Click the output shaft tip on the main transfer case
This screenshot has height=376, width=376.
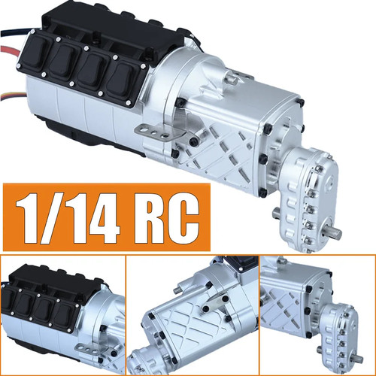335,233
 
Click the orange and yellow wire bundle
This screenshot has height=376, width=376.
13,96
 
